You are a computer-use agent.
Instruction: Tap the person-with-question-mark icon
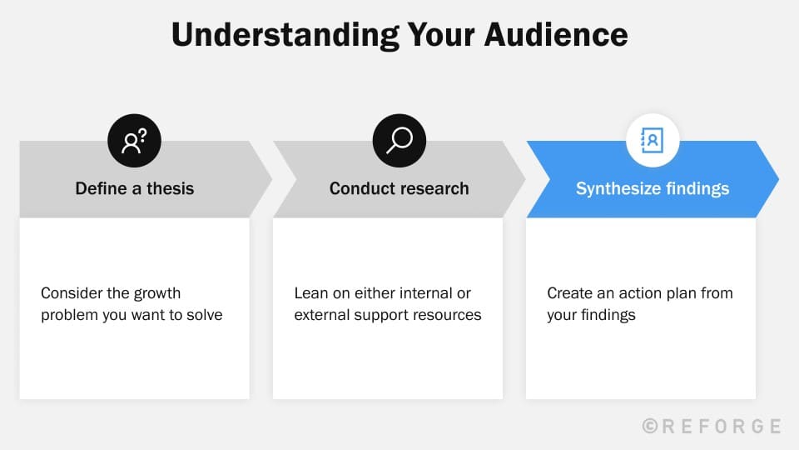(x=134, y=141)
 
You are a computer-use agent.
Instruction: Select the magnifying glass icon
(x=399, y=141)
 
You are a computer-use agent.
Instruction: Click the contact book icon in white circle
(x=653, y=141)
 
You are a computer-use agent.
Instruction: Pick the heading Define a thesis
(x=134, y=188)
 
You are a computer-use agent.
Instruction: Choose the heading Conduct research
(x=399, y=188)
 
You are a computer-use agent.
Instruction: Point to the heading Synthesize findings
(x=653, y=188)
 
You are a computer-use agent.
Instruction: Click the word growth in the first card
(x=156, y=293)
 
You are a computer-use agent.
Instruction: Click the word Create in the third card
(x=569, y=293)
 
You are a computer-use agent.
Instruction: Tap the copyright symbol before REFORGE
(x=651, y=426)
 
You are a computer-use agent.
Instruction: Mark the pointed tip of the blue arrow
(x=777, y=179)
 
